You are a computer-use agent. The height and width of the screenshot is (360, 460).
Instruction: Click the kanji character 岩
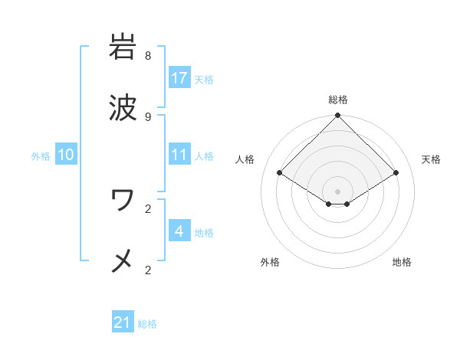(123, 47)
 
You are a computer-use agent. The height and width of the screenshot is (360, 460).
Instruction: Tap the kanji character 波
(123, 108)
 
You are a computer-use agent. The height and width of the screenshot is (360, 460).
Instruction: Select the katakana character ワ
(123, 200)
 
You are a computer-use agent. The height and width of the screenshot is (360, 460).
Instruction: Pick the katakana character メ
(123, 261)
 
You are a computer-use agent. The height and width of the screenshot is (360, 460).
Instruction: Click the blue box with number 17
(179, 78)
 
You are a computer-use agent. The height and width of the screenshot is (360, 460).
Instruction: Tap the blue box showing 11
(179, 155)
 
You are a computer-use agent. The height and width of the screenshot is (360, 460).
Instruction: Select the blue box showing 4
(179, 231)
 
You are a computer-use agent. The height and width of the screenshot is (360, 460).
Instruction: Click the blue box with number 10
(66, 155)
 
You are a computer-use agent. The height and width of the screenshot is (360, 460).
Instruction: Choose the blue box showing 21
(123, 323)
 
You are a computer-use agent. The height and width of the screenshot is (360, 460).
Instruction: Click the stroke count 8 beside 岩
(148, 55)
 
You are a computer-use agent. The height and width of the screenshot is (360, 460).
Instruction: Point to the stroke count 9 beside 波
(148, 116)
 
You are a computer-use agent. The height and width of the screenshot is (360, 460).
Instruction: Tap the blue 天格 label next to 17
(203, 79)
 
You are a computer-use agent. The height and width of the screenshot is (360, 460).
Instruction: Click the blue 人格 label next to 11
(203, 155)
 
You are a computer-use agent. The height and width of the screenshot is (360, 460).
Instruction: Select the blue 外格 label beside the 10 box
(41, 155)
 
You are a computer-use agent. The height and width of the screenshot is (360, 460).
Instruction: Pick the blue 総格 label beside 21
(147, 324)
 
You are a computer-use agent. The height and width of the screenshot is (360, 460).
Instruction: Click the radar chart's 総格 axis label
(338, 100)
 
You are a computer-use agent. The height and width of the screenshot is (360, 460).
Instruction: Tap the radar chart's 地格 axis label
(402, 262)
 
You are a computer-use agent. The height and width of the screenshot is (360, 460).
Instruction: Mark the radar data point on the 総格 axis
(338, 116)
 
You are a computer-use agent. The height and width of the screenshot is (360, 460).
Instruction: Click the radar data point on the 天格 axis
(396, 173)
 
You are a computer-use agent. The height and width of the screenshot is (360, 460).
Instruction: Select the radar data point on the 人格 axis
(280, 173)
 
